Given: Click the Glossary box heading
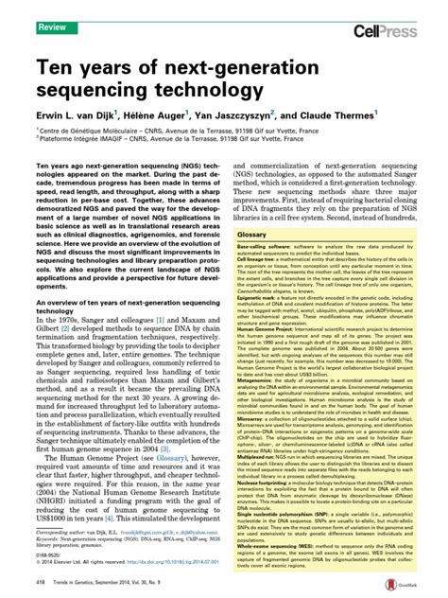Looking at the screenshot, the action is point(252,234).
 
